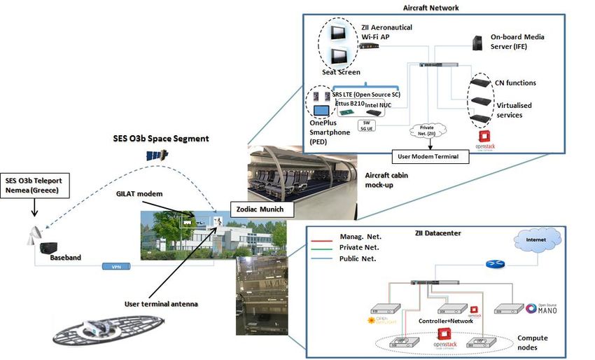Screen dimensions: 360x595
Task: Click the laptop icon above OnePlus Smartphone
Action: tap(323, 111)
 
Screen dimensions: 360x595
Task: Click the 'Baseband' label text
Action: tap(66, 257)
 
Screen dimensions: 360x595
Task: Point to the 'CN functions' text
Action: tap(515, 83)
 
